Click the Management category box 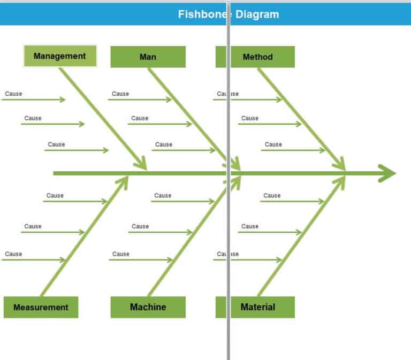[x=60, y=56]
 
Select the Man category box [x=148, y=57]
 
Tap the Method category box [x=257, y=57]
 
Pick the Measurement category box [x=41, y=307]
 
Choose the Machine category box [x=148, y=307]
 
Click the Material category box [x=257, y=307]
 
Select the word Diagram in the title [x=256, y=14]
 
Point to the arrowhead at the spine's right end [x=387, y=173]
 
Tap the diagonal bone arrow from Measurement [x=83, y=235]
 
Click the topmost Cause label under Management [x=14, y=94]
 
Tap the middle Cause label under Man [x=140, y=118]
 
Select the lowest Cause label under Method [x=273, y=144]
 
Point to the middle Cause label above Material [x=250, y=226]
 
